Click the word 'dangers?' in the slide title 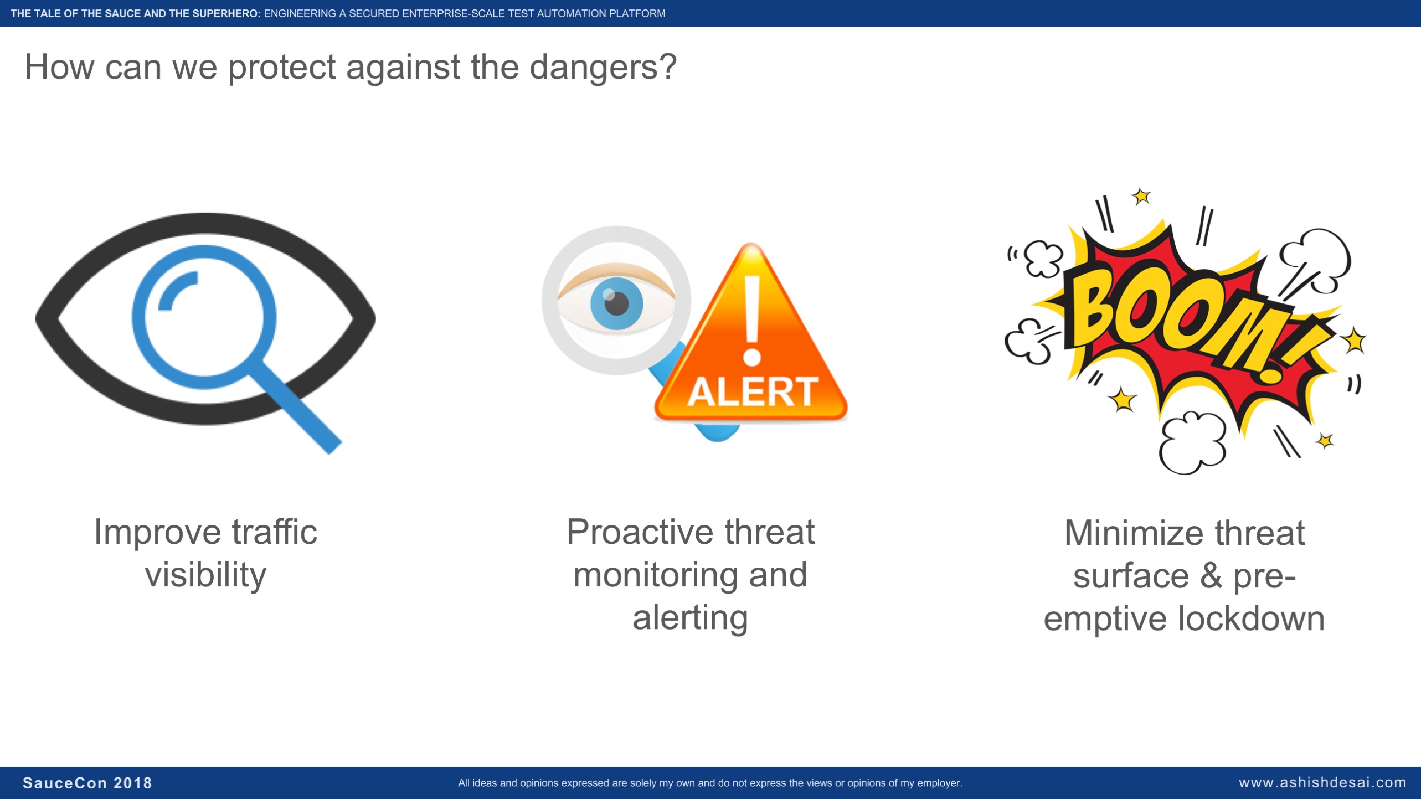(603, 67)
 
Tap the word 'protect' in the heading (281, 68)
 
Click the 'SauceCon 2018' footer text (87, 783)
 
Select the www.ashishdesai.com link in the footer (1322, 782)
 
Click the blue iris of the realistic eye (616, 303)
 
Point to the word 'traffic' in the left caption (274, 532)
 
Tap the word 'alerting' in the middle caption (690, 618)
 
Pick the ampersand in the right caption (1211, 576)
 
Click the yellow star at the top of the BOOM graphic (1141, 196)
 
